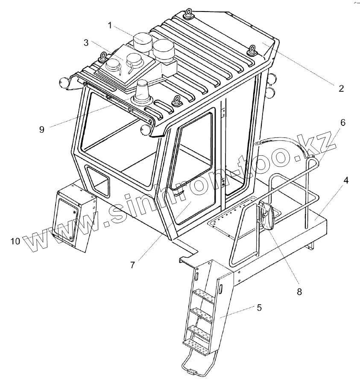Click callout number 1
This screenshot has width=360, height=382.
pyautogui.click(x=110, y=26)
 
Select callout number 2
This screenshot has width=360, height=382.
pyautogui.click(x=341, y=89)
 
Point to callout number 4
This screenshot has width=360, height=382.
pyautogui.click(x=345, y=181)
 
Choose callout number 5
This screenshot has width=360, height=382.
pyautogui.click(x=259, y=307)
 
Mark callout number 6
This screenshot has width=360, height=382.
pyautogui.click(x=342, y=122)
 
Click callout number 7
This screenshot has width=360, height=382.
pyautogui.click(x=133, y=265)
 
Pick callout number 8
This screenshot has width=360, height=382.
pyautogui.click(x=299, y=292)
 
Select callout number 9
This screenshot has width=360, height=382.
pyautogui.click(x=41, y=129)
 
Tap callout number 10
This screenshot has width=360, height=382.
pyautogui.click(x=15, y=242)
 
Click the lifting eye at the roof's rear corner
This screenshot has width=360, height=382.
pyautogui.click(x=188, y=14)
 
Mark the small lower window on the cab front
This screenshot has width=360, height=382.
pyautogui.click(x=98, y=180)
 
